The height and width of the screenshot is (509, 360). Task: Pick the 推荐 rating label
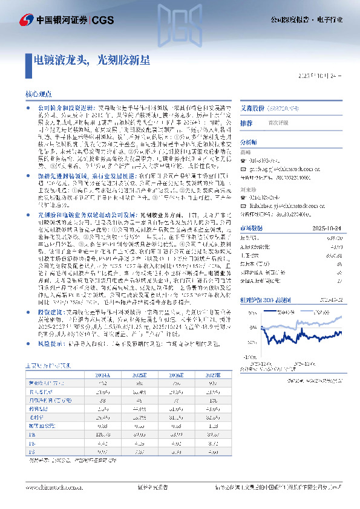(247, 123)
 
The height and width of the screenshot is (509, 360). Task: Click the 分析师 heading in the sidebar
(249, 143)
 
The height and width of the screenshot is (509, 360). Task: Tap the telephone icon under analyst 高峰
(243, 161)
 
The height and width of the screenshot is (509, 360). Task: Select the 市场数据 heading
(251, 228)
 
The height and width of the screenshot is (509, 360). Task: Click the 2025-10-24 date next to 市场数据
(330, 228)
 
